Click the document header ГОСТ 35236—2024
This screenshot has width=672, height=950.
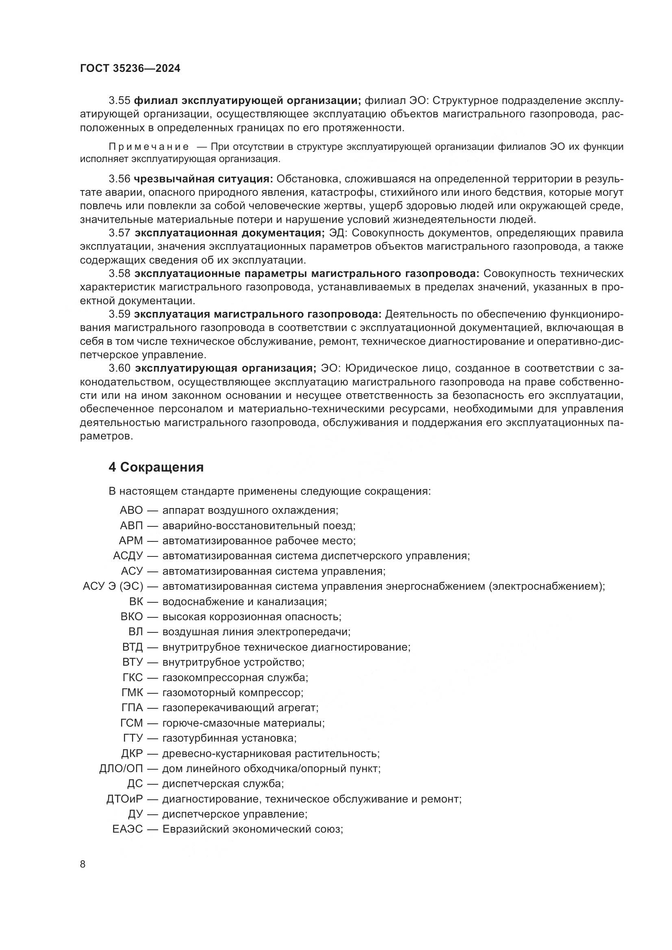130,69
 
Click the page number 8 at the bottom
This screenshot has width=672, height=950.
83,864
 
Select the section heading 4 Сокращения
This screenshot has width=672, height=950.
156,467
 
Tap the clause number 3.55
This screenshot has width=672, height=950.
119,101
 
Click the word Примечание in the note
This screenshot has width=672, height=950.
149,147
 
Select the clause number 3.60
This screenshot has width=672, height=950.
119,368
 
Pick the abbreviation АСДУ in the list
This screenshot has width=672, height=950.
128,556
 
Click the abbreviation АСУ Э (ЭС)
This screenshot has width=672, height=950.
113,586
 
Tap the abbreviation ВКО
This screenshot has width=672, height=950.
132,617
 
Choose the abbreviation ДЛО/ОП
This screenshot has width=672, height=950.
121,769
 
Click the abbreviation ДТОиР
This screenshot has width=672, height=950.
125,799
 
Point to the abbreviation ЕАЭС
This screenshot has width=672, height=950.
128,830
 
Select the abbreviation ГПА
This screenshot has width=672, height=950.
132,708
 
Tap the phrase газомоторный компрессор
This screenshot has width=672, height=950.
232,692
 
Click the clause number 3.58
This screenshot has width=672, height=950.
119,273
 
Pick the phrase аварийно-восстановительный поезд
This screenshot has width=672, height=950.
259,526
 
